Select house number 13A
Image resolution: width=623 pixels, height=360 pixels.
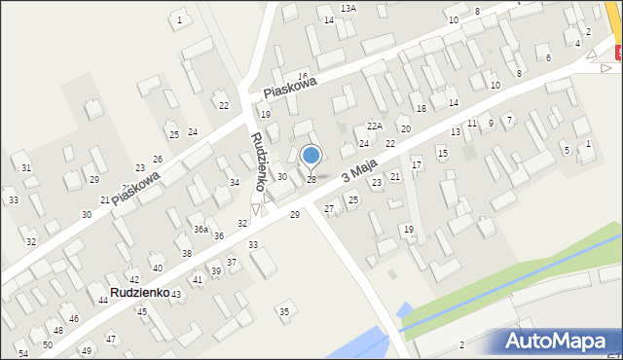coord(348,8)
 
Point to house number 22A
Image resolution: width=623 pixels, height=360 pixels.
coord(375,126)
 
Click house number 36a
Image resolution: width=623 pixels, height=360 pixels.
coord(200,230)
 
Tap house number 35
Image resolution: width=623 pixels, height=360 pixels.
coord(284,311)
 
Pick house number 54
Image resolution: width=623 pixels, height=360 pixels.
coord(23,353)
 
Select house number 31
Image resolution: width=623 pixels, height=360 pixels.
coord(26,168)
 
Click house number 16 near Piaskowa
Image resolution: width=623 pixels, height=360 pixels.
coord(303,76)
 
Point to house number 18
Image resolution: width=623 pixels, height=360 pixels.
coord(421,108)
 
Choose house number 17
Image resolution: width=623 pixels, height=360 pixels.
coord(417,165)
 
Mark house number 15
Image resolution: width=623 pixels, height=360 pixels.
coord(442,153)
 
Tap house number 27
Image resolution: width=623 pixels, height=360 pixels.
coord(329,209)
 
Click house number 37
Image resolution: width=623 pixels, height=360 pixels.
coord(232,263)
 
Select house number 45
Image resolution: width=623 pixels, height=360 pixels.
coord(141,311)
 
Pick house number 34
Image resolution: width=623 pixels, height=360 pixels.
coord(234,183)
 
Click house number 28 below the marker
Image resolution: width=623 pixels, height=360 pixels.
coord(311,180)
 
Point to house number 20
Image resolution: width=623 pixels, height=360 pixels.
coord(405,129)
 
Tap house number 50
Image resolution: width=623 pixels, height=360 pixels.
coord(48,345)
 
